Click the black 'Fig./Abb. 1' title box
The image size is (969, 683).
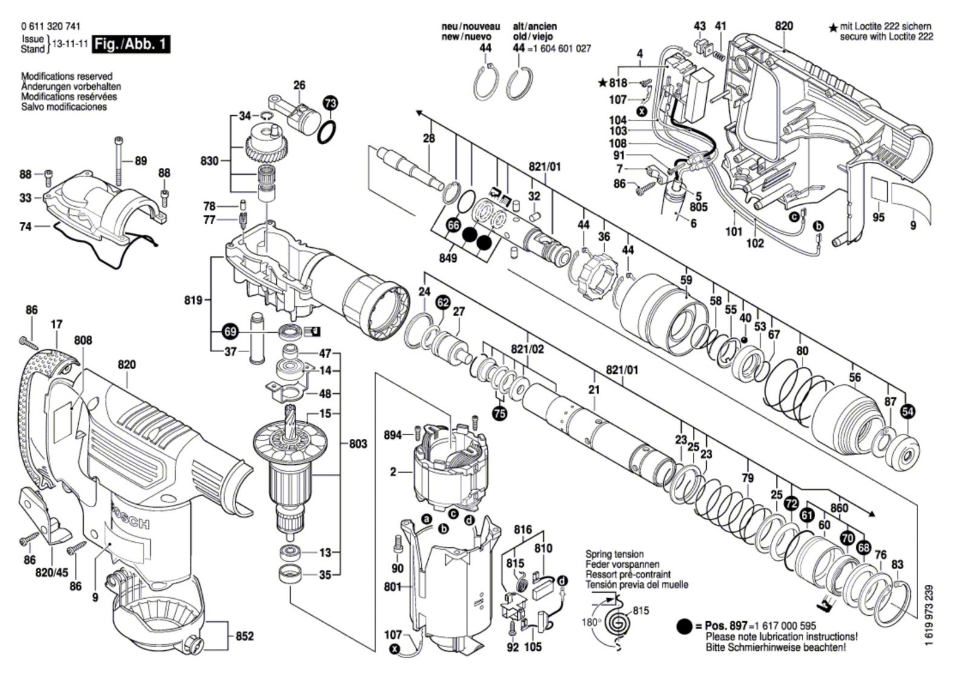[130, 44]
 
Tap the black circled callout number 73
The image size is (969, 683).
[329, 103]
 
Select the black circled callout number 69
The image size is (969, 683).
[230, 332]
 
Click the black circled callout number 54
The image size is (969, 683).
[908, 412]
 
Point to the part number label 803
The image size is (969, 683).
[358, 444]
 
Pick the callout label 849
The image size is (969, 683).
[449, 258]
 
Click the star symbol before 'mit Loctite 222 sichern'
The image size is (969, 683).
[833, 28]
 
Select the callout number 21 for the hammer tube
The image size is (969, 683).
[594, 390]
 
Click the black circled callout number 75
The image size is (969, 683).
[500, 414]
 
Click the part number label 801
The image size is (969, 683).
[393, 587]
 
